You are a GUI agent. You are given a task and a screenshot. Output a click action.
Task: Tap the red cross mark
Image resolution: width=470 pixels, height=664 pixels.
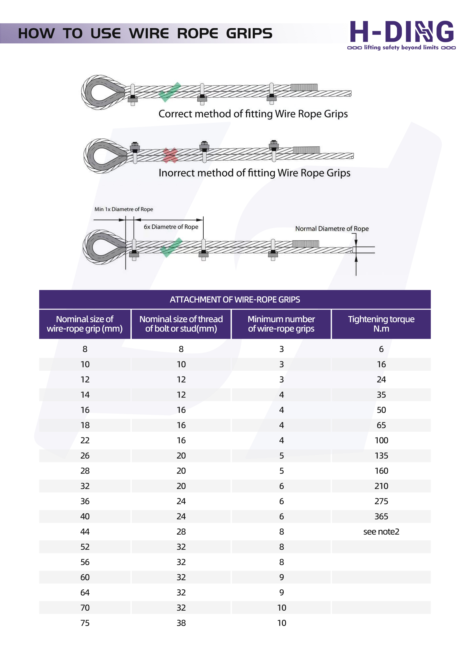tap(170, 155)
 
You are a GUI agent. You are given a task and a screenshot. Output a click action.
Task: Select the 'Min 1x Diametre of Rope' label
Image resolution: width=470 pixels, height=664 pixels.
tap(124, 209)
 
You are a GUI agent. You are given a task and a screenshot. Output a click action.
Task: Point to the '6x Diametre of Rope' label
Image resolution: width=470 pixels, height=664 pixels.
tap(171, 227)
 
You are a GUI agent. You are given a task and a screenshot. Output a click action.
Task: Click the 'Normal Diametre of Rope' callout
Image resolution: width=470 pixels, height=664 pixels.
tap(332, 228)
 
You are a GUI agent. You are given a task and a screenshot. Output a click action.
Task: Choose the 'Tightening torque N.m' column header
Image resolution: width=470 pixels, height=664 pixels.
tap(381, 323)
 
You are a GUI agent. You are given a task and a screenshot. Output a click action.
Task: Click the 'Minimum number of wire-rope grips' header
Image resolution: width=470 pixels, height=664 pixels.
tap(281, 323)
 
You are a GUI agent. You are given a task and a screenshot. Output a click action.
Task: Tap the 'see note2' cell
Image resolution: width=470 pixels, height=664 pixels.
tap(381, 531)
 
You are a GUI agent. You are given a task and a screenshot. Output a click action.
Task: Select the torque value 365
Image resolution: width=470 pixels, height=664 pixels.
tap(381, 516)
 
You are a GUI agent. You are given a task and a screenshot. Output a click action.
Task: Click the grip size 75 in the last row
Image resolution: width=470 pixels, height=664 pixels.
tap(85, 623)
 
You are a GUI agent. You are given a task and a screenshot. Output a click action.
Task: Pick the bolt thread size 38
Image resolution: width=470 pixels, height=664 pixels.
tap(181, 623)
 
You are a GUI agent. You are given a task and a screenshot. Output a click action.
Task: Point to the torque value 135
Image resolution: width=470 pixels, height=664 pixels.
tap(381, 455)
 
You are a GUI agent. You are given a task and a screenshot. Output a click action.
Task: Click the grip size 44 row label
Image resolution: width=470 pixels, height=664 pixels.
tap(85, 531)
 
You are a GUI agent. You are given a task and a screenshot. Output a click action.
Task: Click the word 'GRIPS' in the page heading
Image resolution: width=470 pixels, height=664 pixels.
tap(249, 33)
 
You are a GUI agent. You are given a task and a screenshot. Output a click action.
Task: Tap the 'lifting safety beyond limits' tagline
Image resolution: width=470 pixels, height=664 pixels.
tap(401, 47)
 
